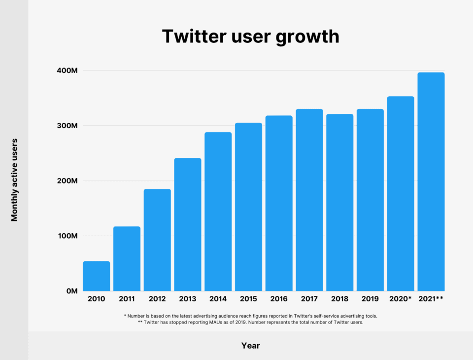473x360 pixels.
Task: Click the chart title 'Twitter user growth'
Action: pos(250,36)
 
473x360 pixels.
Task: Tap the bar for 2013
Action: pos(188,224)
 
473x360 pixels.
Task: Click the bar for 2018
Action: pos(339,202)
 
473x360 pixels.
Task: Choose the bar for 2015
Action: pos(248,207)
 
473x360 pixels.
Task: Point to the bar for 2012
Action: pos(157,240)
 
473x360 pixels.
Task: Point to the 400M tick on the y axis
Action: pos(67,71)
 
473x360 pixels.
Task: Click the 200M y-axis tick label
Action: pos(67,181)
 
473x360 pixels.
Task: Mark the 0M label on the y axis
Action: pos(71,291)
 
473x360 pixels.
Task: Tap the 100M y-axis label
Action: pos(67,236)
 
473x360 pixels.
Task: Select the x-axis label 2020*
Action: pos(400,298)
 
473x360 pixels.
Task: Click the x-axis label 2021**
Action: pos(431,298)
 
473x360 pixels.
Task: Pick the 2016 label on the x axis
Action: pos(279,298)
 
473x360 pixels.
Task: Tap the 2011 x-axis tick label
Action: pos(127,298)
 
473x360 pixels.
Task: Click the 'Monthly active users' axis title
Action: pos(14,180)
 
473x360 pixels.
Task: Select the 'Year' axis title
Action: pos(250,346)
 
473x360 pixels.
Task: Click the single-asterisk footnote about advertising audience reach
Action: pos(250,315)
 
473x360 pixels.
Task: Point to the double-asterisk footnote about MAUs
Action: pos(250,323)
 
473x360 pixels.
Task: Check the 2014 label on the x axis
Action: pos(218,298)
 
